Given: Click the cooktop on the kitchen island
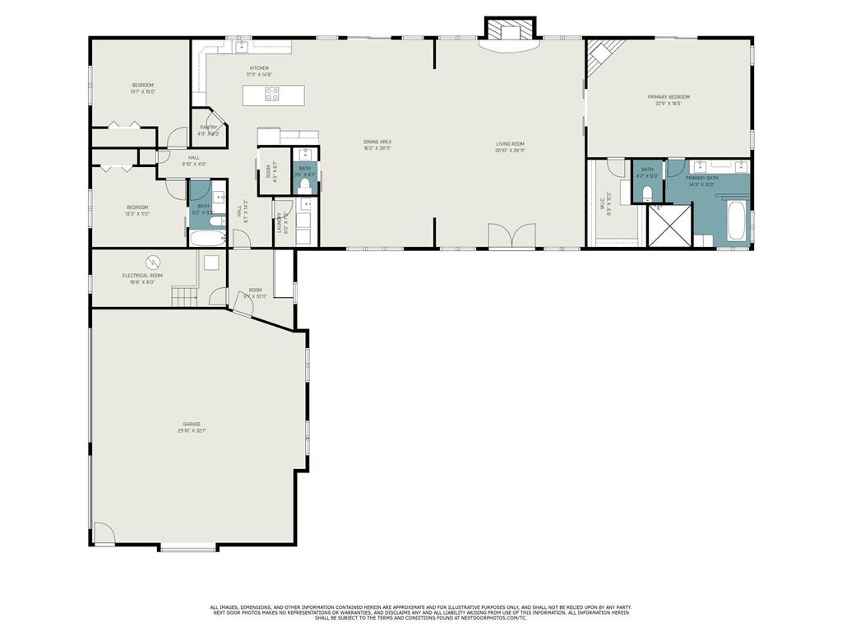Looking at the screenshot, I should click(271, 94).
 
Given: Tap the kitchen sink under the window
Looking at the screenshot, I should click(243, 46).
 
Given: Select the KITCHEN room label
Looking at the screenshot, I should click(259, 68).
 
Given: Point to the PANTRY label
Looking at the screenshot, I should click(208, 128).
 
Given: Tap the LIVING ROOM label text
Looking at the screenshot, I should click(510, 143).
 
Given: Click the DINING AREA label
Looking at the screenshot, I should click(377, 142).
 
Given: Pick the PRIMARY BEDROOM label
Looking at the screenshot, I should click(668, 97).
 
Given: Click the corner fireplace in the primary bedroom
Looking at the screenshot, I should click(600, 56).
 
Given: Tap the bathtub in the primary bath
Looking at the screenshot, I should click(737, 220).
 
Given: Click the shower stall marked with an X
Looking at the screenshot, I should click(669, 225).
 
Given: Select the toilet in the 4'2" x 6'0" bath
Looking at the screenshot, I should click(647, 193).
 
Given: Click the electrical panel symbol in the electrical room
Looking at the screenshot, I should click(152, 263).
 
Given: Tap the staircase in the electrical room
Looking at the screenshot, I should click(186, 296).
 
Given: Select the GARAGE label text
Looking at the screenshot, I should click(192, 424).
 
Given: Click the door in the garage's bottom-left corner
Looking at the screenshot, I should click(103, 534).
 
